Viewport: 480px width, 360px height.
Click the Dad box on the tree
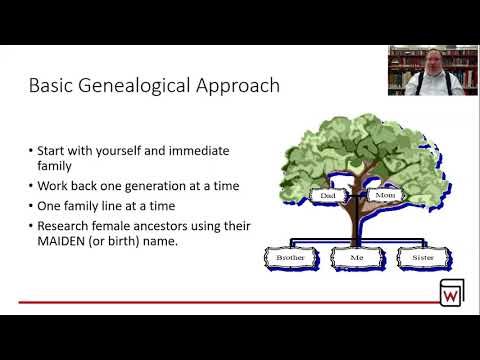(x=327, y=196)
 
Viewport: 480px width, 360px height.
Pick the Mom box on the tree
(x=384, y=196)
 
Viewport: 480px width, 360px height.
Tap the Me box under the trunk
(x=356, y=257)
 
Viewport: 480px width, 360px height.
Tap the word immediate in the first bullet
(x=199, y=151)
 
